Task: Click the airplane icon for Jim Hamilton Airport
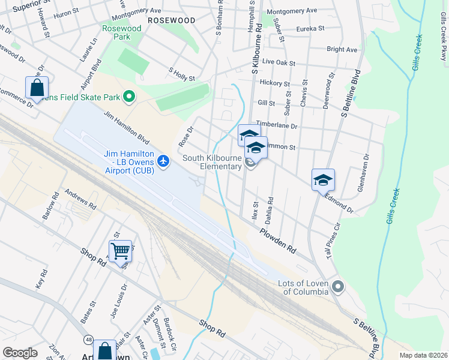coord(163,161)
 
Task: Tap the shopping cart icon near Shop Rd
coord(120,251)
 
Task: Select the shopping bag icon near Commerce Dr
coord(37,87)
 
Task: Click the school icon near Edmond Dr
coord(323,179)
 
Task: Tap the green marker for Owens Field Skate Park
coord(128,97)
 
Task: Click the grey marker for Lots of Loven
coord(337,286)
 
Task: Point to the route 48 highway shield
coord(88,341)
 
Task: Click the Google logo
coord(20,352)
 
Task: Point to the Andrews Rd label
coord(80,199)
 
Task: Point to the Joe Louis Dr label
coord(118,300)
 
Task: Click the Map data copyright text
coord(423,355)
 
